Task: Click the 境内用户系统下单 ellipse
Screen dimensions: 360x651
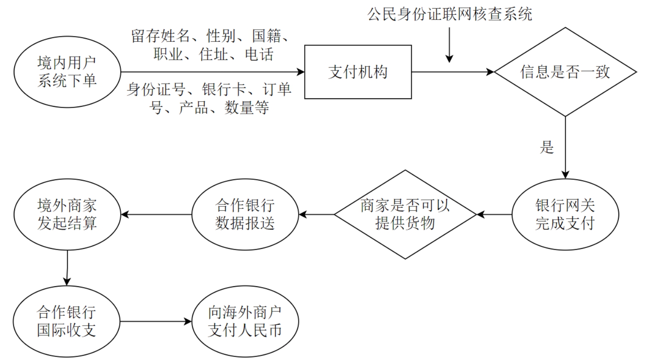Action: click(x=67, y=72)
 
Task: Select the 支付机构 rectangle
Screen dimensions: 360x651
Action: click(x=358, y=72)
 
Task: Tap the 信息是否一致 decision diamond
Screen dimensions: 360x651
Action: click(x=565, y=72)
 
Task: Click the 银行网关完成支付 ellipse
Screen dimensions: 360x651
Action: click(x=565, y=215)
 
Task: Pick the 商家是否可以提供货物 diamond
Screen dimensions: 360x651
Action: click(x=405, y=215)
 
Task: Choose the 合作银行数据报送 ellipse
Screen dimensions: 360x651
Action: click(x=245, y=215)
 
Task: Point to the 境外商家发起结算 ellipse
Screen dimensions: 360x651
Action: click(x=67, y=215)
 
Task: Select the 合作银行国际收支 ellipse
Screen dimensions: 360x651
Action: click(x=66, y=321)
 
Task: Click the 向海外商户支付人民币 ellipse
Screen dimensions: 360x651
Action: click(x=245, y=321)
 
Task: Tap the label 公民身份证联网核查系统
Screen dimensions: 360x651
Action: click(x=449, y=15)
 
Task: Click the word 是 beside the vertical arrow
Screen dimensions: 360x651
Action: click(x=547, y=147)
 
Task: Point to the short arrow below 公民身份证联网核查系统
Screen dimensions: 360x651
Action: click(x=449, y=45)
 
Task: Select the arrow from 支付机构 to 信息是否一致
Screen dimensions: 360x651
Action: click(x=452, y=72)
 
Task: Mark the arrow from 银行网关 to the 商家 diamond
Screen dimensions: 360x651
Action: click(x=494, y=215)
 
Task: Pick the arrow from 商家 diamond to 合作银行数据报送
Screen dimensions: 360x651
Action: click(x=316, y=215)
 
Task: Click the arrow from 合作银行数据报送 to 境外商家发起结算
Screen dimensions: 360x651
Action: click(x=156, y=215)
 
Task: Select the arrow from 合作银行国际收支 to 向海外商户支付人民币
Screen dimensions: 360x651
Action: click(x=156, y=321)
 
